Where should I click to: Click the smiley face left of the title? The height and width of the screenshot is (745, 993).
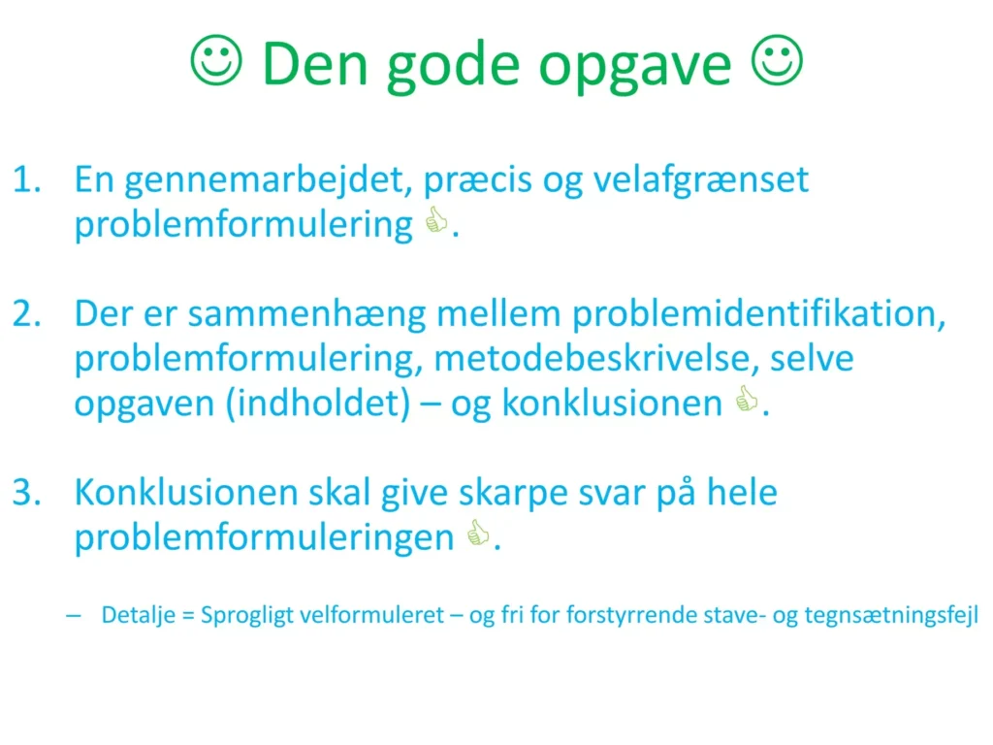[216, 60]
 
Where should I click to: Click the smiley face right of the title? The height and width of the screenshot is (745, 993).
[777, 60]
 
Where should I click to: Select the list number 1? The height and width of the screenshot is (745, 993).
[27, 179]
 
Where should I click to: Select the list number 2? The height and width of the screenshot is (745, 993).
[27, 313]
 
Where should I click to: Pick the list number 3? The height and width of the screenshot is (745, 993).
[27, 492]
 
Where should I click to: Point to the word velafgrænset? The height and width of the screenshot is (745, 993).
[701, 179]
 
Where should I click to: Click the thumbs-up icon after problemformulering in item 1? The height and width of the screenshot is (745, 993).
[436, 220]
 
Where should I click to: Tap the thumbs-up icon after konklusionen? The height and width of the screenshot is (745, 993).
[747, 399]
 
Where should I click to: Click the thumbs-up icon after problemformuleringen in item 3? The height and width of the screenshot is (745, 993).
[478, 534]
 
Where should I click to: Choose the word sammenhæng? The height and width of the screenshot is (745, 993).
[307, 315]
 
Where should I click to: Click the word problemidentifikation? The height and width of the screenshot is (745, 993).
[758, 313]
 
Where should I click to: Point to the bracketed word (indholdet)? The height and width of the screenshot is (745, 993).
[318, 404]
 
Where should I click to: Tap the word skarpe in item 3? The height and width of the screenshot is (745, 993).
[513, 494]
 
